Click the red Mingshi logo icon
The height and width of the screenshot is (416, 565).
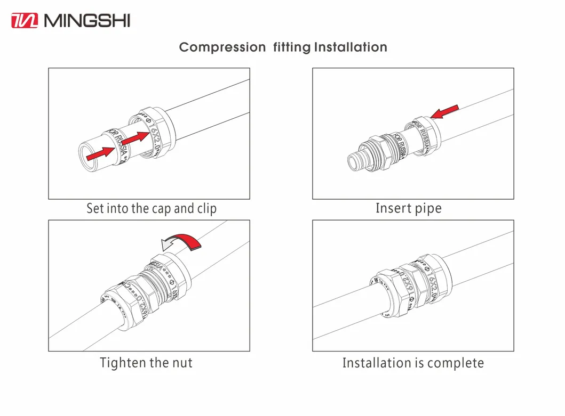25,21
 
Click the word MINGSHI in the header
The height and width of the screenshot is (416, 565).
87,21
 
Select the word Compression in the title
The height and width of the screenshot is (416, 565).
222,47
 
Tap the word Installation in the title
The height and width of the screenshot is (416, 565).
351,47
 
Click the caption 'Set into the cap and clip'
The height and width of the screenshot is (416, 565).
152,208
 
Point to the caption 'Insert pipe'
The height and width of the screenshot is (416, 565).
409,208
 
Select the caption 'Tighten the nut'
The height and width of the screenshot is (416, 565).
146,363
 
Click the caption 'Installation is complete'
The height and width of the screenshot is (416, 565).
413,363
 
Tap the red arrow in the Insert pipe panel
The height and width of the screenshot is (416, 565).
444,112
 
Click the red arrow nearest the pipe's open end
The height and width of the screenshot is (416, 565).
100,154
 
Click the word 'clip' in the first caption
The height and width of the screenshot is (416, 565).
207,208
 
